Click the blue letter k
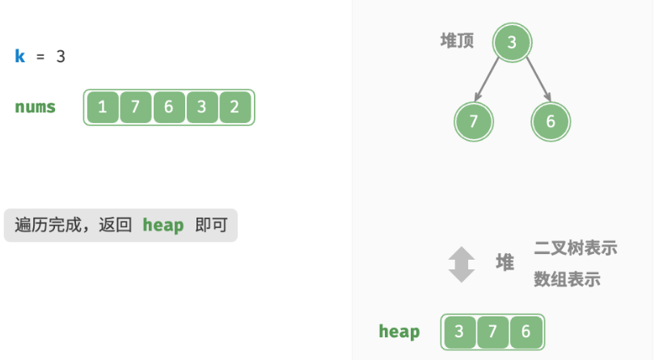pos(20,56)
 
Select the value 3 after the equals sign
pos(61,57)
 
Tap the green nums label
pos(35,107)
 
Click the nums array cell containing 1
pos(103,107)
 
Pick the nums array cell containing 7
pos(136,107)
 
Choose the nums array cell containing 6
pos(169,107)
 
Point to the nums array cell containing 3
pos(202,107)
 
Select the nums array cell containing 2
pos(235,107)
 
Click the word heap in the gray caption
pos(163,225)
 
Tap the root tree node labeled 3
pos(512,43)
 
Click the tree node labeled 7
pos(474,122)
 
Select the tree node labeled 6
pos(551,122)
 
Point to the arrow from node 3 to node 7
pos(487,79)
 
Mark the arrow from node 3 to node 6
pos(538,79)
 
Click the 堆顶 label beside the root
pos(457,41)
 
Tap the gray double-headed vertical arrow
pos(462,265)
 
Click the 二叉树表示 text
pos(576,248)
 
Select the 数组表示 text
pos(567,279)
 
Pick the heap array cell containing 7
pos(492,332)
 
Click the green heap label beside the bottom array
pos(399,331)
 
